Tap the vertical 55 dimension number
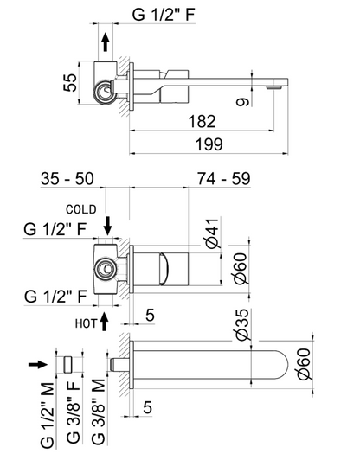pyautogui.click(x=76, y=81)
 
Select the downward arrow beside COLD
pyautogui.click(x=107, y=227)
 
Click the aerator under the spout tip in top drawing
pyautogui.click(x=275, y=86)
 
